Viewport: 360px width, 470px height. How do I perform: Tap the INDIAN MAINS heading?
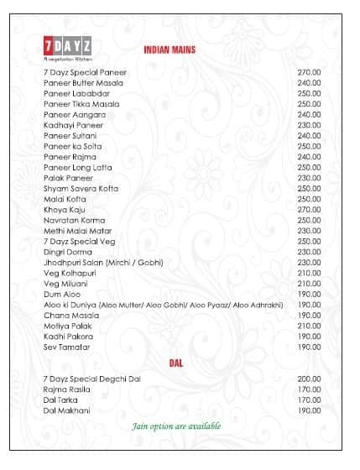pyautogui.click(x=170, y=50)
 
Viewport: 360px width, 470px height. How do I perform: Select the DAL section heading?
pyautogui.click(x=176, y=363)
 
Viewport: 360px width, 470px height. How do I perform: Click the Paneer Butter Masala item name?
pyautogui.click(x=83, y=83)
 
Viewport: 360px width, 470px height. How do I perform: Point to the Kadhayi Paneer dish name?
pyautogui.click(x=73, y=125)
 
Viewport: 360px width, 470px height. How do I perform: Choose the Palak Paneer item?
pyautogui.click(x=69, y=178)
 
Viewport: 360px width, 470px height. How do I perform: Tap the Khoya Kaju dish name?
pyautogui.click(x=65, y=209)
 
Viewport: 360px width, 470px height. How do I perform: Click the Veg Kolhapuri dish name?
pyautogui.click(x=70, y=272)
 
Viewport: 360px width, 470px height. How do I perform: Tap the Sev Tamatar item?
pyautogui.click(x=66, y=347)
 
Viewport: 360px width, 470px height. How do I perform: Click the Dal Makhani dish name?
pyautogui.click(x=66, y=410)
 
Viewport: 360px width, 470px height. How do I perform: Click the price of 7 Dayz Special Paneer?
pyautogui.click(x=309, y=72)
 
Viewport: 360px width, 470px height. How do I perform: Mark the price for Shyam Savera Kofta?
pyautogui.click(x=309, y=188)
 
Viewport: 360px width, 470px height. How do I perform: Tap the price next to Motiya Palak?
pyautogui.click(x=309, y=326)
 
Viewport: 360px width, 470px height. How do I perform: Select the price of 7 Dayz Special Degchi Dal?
pyautogui.click(x=309, y=379)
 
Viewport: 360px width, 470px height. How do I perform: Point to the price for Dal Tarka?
pyautogui.click(x=309, y=399)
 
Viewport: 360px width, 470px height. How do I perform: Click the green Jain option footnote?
pyautogui.click(x=176, y=426)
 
